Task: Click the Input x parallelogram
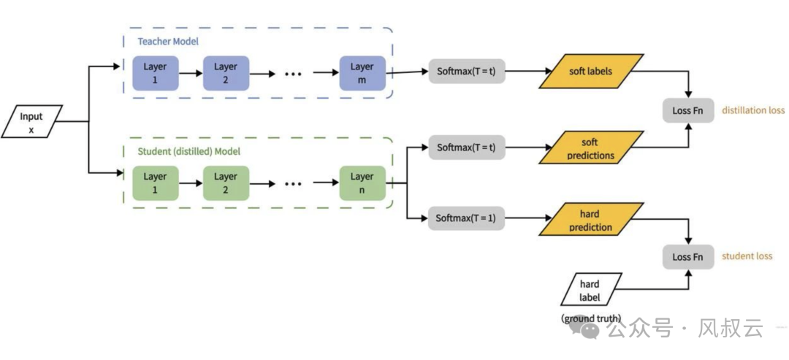coord(31,121)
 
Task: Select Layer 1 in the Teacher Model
coord(155,73)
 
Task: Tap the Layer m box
coord(362,73)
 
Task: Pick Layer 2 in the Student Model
coord(226,183)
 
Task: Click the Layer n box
coord(362,183)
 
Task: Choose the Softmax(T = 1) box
coord(466,218)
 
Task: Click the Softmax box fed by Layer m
coord(466,72)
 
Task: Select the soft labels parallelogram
coord(591,72)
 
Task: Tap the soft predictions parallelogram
coord(591,148)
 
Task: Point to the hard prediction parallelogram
coord(591,219)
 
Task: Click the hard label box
coord(591,290)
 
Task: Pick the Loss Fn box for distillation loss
coord(688,110)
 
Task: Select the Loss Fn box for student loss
coord(688,257)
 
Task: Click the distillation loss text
coord(753,110)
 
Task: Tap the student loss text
coord(747,256)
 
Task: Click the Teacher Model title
coord(168,41)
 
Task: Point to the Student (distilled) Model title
coord(188,151)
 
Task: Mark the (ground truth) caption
coord(591,318)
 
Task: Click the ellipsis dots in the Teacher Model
coord(293,74)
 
